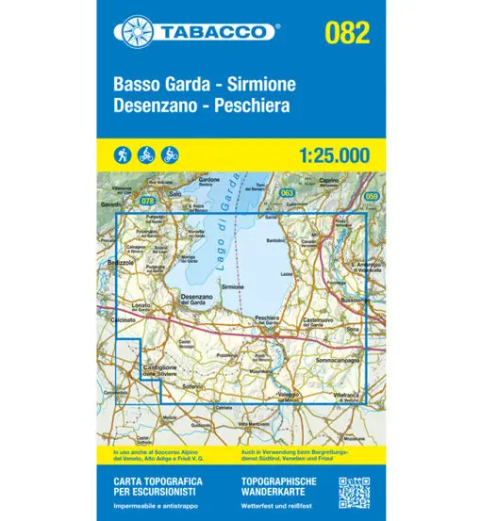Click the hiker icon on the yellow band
pos(124,154)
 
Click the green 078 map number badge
pos(147,200)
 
